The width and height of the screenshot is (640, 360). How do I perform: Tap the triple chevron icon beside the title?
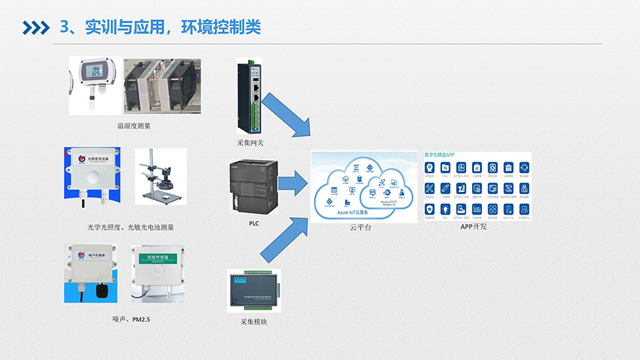click(37, 27)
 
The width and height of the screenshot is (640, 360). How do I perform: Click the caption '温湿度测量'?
click(134, 125)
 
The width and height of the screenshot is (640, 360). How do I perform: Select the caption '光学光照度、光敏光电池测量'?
click(131, 227)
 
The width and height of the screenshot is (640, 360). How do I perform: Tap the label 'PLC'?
click(253, 224)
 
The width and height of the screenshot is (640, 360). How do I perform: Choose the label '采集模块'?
click(253, 322)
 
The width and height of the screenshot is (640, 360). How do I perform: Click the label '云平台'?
click(360, 228)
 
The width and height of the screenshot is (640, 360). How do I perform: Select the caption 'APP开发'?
click(474, 227)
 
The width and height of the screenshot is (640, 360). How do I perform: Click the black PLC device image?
click(254, 188)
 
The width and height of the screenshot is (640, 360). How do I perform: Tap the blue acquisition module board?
click(254, 292)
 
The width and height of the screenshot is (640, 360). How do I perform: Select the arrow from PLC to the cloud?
click(291, 183)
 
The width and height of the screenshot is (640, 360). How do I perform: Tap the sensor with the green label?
click(156, 273)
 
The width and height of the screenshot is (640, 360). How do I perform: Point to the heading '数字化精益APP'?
click(440, 154)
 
